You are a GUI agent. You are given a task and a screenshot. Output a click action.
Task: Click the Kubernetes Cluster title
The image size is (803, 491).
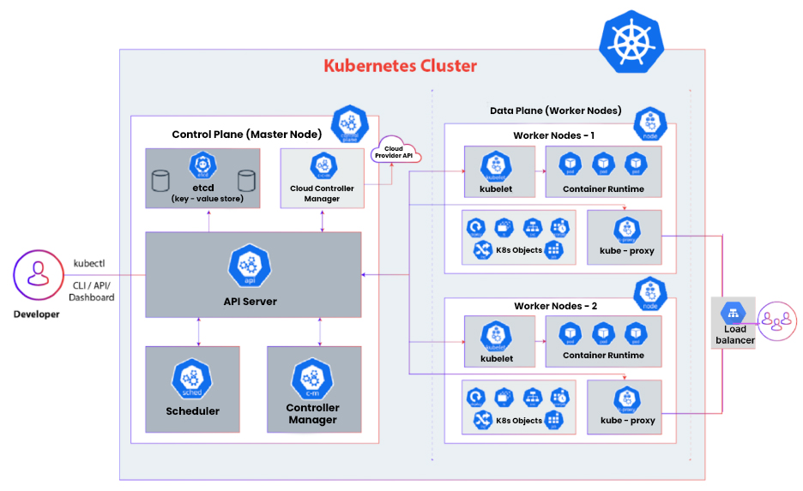[x=400, y=66]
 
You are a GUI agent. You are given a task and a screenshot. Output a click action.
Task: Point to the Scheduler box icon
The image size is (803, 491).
[x=192, y=378]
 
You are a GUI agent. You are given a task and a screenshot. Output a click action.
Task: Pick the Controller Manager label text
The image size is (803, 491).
[x=312, y=414]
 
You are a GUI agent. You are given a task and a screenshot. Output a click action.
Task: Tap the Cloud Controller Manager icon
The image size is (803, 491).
[x=322, y=165]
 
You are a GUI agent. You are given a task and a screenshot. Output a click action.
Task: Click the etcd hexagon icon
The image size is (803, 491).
[x=202, y=165]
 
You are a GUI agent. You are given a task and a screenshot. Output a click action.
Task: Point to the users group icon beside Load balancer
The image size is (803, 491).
[x=776, y=320]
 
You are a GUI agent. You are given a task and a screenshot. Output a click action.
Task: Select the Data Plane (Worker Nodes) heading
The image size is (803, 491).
[x=555, y=111]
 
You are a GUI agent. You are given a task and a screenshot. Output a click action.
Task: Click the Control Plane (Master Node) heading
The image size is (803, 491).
[x=246, y=135]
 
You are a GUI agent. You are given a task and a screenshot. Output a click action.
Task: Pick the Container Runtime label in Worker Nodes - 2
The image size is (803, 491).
[x=603, y=356]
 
